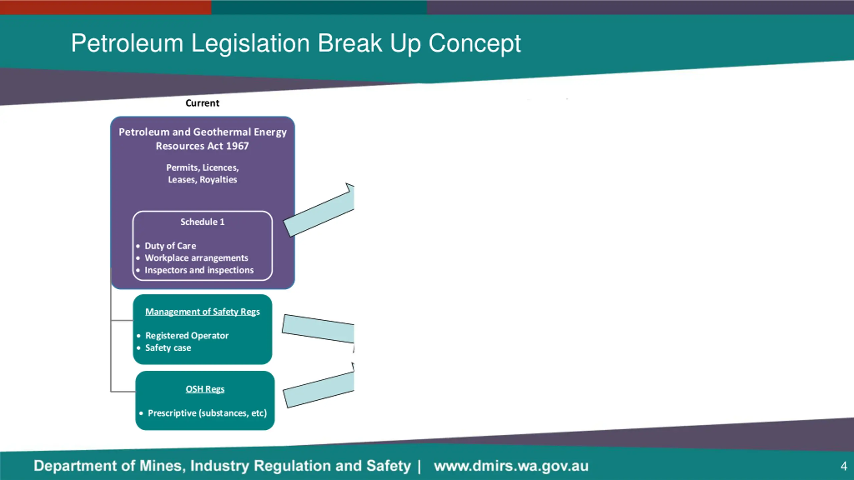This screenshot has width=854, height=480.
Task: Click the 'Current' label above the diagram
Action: click(202, 103)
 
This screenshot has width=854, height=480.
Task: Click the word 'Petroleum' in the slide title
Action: click(127, 43)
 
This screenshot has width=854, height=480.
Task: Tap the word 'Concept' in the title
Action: click(474, 43)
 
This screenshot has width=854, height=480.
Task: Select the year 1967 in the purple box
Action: click(237, 146)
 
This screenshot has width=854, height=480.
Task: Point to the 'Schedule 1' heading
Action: click(202, 222)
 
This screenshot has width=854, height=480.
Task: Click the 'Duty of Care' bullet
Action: click(170, 246)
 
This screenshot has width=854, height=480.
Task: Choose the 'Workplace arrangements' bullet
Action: click(196, 258)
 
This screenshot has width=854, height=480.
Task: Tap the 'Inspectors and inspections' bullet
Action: click(199, 270)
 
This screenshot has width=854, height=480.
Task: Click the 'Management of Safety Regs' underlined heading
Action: click(202, 312)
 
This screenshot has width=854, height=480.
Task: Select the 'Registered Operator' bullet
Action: click(187, 336)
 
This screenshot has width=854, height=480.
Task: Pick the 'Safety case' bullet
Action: click(168, 348)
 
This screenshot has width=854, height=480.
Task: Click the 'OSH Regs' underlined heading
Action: click(205, 389)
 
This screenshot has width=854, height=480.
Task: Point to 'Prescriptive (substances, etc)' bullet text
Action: click(207, 413)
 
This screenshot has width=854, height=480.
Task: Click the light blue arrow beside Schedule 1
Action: click(319, 213)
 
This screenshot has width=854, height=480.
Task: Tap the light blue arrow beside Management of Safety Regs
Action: click(318, 329)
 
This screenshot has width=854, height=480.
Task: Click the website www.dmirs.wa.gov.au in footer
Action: click(511, 466)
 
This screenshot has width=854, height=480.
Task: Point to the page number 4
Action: click(844, 466)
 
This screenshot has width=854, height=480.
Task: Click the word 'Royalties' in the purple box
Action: click(218, 180)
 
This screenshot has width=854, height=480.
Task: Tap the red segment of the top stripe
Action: click(105, 7)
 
